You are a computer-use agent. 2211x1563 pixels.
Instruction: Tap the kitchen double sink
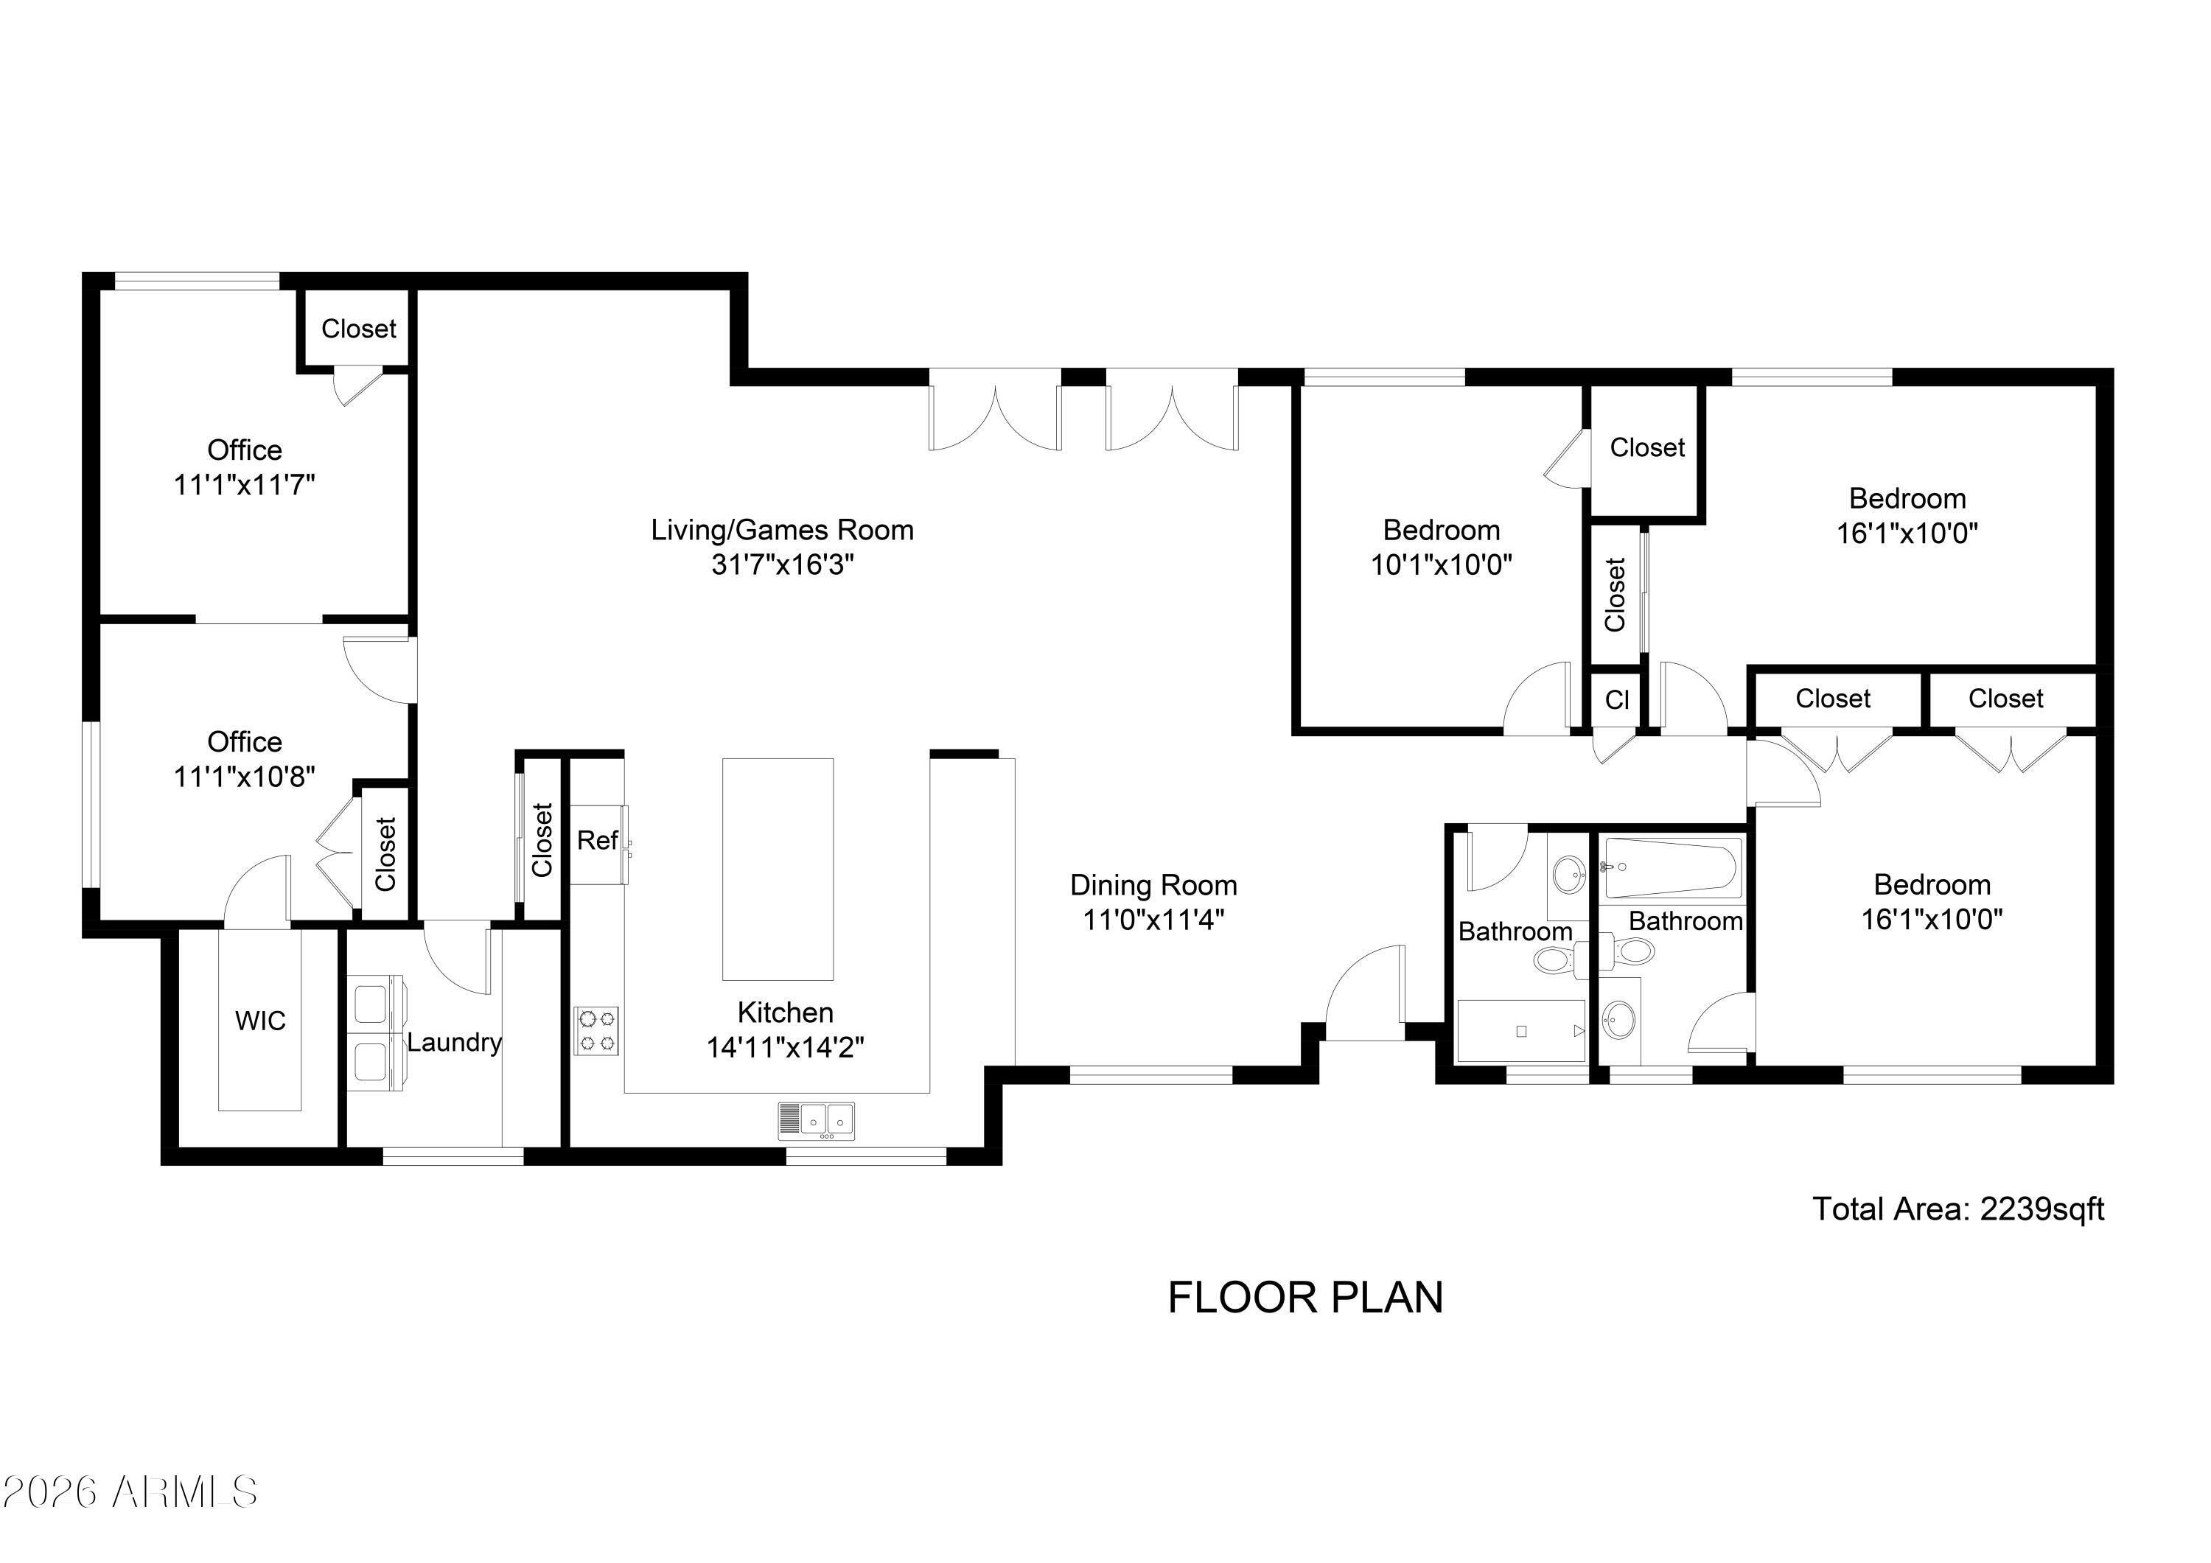817,1121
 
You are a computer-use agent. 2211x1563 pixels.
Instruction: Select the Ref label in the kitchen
597,841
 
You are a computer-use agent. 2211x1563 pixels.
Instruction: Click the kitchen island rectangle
778,869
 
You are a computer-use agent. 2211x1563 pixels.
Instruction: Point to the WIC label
260,1021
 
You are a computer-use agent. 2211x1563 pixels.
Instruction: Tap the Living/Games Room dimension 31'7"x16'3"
783,564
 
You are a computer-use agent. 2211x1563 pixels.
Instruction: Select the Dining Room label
1153,885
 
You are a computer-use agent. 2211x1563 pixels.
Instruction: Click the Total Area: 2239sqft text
1959,1209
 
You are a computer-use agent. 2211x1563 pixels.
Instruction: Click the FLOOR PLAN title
1306,1298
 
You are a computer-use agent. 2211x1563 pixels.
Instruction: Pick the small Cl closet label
1617,700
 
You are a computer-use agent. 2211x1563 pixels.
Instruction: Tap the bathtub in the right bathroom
1671,867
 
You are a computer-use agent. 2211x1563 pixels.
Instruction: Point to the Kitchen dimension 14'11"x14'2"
786,1048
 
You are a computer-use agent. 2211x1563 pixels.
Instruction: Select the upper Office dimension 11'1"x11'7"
245,484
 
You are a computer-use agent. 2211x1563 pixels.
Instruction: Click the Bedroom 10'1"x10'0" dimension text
1442,564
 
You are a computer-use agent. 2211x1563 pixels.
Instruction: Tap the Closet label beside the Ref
542,840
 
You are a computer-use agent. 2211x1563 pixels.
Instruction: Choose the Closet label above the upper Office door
358,329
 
